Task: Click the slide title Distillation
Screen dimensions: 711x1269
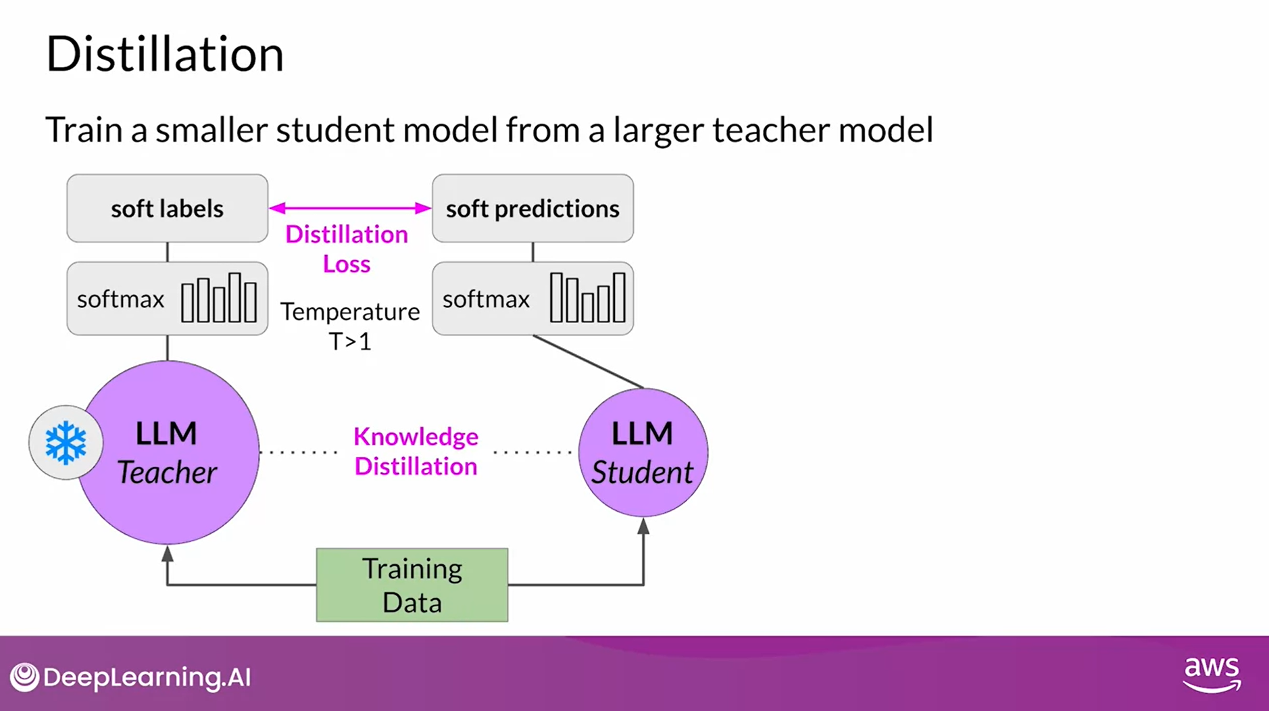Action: point(164,54)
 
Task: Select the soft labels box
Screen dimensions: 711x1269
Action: point(167,208)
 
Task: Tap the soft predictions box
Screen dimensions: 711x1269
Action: point(532,208)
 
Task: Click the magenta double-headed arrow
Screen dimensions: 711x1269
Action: point(350,208)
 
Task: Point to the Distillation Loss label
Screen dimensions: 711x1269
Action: point(347,249)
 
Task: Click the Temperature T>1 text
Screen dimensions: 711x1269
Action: point(350,326)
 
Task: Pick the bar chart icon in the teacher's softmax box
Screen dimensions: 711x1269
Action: point(219,298)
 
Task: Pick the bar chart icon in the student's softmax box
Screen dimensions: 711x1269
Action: point(587,298)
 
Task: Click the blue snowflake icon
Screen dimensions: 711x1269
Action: point(66,443)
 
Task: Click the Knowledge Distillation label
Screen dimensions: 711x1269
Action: point(416,451)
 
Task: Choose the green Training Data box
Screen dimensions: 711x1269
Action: point(412,585)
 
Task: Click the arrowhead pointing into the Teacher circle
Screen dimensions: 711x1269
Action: point(168,555)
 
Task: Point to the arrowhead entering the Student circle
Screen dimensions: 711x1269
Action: point(643,526)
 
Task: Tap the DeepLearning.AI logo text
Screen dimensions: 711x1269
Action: point(147,677)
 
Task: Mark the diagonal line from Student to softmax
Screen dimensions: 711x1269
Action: point(588,362)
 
